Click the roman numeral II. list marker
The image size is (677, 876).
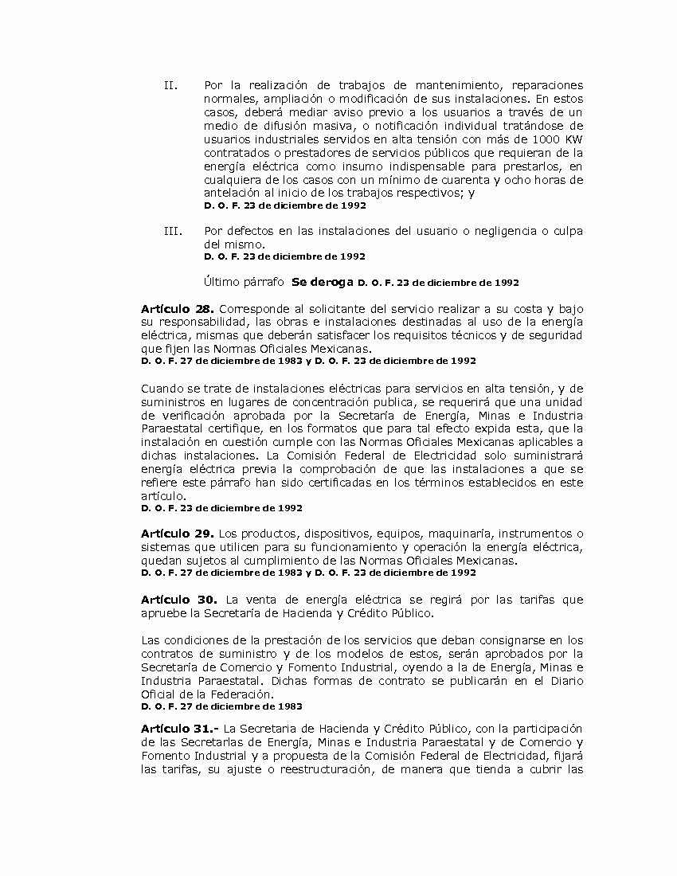click(170, 85)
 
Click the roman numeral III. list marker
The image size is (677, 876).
click(172, 231)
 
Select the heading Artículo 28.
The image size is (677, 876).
click(177, 308)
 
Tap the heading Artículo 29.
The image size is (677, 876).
click(177, 533)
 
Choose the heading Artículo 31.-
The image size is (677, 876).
click(179, 728)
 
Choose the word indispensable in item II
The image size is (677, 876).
click(431, 166)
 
